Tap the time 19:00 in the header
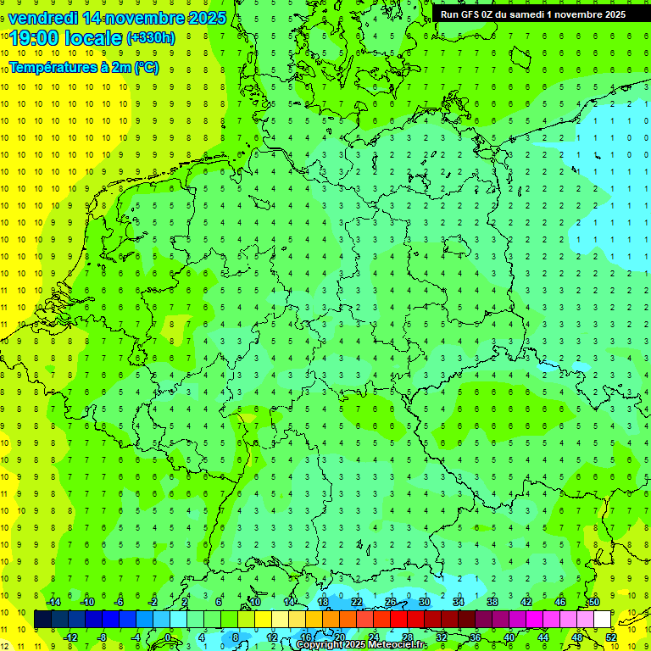point(35,38)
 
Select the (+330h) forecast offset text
point(151,38)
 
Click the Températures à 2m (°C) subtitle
point(83,67)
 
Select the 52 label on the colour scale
point(611,637)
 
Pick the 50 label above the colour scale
point(593,602)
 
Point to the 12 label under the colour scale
point(272,637)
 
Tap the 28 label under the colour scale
point(408,637)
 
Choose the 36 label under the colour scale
point(476,637)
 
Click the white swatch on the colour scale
point(602,620)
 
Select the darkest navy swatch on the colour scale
point(42,620)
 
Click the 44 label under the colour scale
point(543,637)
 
